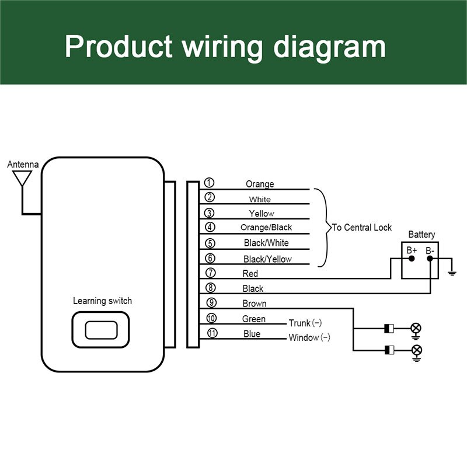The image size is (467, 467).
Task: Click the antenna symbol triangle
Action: pos(23,177)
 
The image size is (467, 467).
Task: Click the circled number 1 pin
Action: pos(209,183)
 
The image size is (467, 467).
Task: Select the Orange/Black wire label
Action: pos(266,227)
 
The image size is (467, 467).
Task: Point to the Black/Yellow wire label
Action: pos(267,259)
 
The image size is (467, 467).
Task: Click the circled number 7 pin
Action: pos(211,273)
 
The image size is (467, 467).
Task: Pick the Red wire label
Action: pos(250,273)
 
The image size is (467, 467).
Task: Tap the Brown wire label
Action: pos(254,304)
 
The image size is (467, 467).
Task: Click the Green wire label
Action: pos(253,319)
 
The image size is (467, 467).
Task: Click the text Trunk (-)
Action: pos(305,323)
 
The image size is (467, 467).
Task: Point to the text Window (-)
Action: pos(309,337)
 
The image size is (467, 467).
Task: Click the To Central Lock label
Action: pos(362,227)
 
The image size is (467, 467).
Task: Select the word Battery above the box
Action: pos(421,235)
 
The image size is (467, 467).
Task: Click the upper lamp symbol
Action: pos(416,327)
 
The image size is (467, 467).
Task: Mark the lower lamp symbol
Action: pos(416,350)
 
